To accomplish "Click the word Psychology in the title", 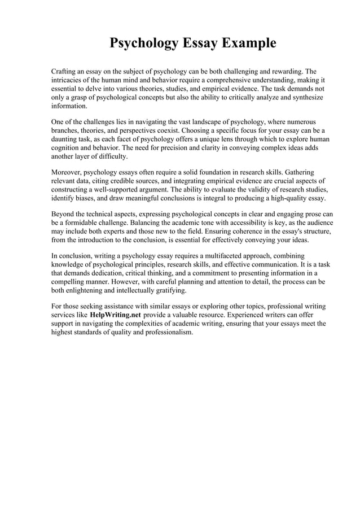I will pyautogui.click(x=142, y=43).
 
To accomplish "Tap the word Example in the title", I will pyautogui.click(x=248, y=43).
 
